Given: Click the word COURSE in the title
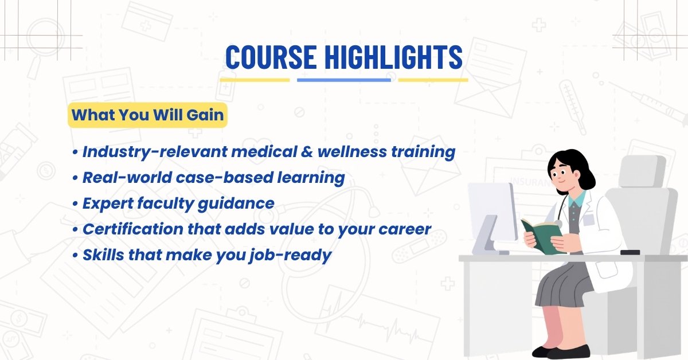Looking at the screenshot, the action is pyautogui.click(x=271, y=57).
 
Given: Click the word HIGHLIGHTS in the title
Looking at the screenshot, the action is pyautogui.click(x=394, y=57).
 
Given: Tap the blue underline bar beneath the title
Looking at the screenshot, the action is pyautogui.click(x=344, y=80).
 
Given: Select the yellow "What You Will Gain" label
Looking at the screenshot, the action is pyautogui.click(x=147, y=115).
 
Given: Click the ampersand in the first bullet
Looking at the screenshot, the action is pyautogui.click(x=307, y=152).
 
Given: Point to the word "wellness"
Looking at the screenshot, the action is pyautogui.click(x=352, y=152).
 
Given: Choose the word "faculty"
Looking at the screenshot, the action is pyautogui.click(x=165, y=204).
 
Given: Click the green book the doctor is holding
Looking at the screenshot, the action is pyautogui.click(x=542, y=236).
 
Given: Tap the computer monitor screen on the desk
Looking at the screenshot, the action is pyautogui.click(x=492, y=212).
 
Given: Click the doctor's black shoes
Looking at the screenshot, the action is pyautogui.click(x=561, y=351).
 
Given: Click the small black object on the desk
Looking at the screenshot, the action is pyautogui.click(x=630, y=252).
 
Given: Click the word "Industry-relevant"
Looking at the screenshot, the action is pyautogui.click(x=155, y=152).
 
